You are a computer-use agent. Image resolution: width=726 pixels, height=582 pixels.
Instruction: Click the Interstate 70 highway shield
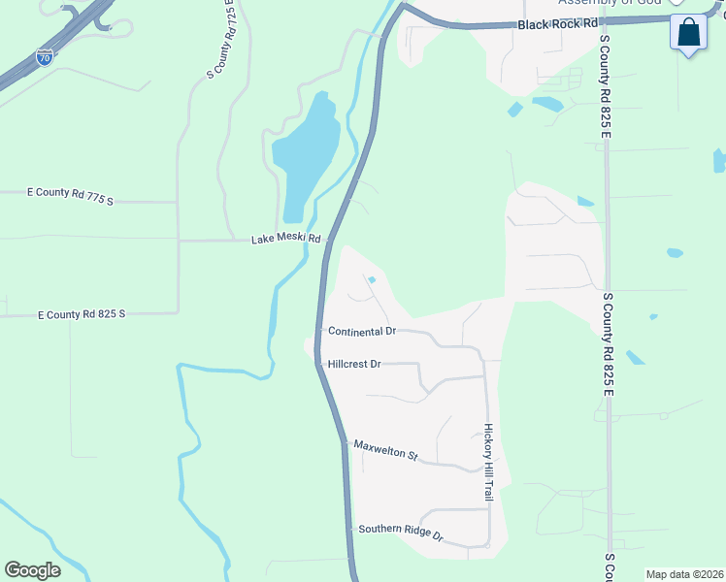pyautogui.click(x=45, y=56)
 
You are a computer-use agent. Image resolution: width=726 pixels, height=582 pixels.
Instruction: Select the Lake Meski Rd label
pyautogui.click(x=285, y=239)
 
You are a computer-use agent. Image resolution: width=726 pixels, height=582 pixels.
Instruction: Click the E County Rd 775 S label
pyautogui.click(x=69, y=198)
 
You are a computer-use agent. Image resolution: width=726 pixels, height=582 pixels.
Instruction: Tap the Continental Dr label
pyautogui.click(x=362, y=331)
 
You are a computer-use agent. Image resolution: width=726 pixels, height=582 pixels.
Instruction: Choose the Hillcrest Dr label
pyautogui.click(x=354, y=364)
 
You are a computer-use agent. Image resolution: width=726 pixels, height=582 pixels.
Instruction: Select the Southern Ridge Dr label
pyautogui.click(x=400, y=532)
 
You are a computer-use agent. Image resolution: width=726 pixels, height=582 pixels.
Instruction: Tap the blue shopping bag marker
pyautogui.click(x=689, y=33)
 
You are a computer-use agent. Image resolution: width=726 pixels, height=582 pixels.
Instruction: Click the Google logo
pyautogui.click(x=32, y=570)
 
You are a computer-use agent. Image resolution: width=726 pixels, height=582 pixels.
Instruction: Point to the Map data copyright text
pyautogui.click(x=684, y=574)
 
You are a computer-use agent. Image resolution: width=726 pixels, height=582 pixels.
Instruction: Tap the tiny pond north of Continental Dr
pyautogui.click(x=372, y=281)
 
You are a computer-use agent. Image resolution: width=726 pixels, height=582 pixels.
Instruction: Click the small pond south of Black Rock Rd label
pyautogui.click(x=547, y=102)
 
